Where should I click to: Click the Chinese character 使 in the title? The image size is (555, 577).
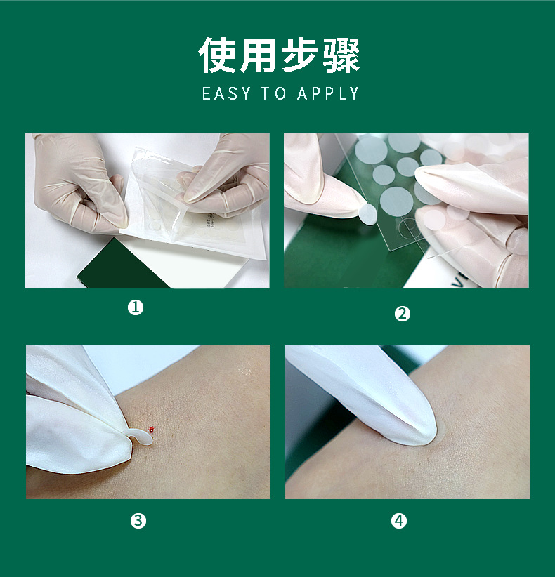pos(217,55)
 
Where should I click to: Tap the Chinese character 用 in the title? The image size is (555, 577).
pos(258,55)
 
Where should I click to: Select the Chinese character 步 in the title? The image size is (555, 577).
pos(300,55)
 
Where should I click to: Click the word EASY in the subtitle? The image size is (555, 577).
pos(226,93)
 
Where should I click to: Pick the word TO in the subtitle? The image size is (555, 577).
pos(273,93)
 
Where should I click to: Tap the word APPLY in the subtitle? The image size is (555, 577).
pos(328,93)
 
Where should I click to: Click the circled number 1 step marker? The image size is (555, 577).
pos(135,307)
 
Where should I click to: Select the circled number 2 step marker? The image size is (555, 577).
pos(402,314)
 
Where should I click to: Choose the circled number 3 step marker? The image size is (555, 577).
pos(138,521)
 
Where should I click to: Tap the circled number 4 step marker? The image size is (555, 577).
pos(399,521)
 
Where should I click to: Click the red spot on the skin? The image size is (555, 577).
pos(151,429)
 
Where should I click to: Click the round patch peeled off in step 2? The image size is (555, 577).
pos(368,214)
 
